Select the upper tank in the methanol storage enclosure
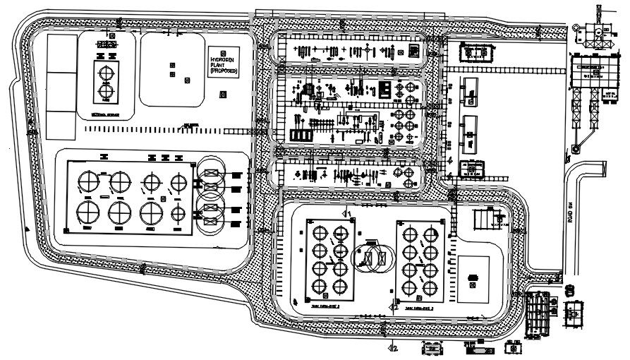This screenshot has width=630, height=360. click(x=105, y=73)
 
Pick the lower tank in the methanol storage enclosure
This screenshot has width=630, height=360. click(x=105, y=90)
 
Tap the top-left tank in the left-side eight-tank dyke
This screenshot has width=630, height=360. click(x=89, y=181)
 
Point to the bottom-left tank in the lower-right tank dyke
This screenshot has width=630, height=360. click(x=409, y=287)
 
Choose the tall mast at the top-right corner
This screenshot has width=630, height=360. click(x=600, y=18)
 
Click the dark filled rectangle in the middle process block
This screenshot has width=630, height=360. click(x=385, y=90)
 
